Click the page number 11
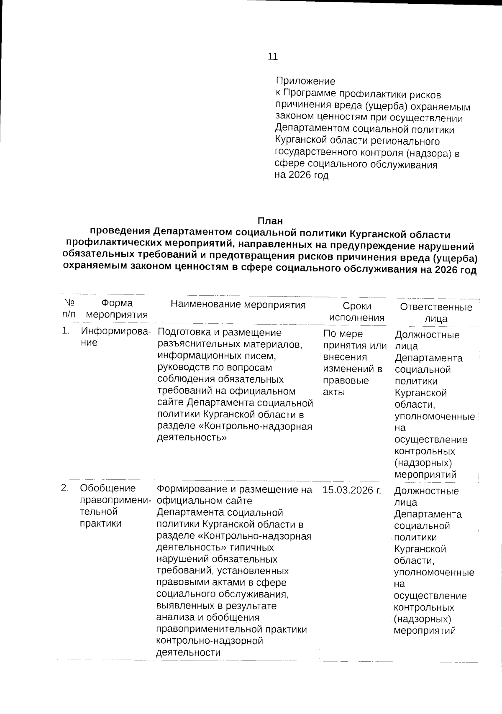pos(272,56)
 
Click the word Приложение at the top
pos(305,81)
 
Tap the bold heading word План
pos(270,220)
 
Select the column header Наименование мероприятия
pos(238,305)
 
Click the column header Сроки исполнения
pos(357,312)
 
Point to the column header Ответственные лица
pos(436,313)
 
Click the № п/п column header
pos(69,308)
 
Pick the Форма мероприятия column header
pos(117,309)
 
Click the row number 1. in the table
pos(65,331)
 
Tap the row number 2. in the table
pos(65,488)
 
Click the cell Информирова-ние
pos(116,337)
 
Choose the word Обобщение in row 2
pos(108,488)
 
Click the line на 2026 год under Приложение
pos(302,176)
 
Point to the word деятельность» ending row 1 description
pos(192,438)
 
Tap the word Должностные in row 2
pos(426,491)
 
